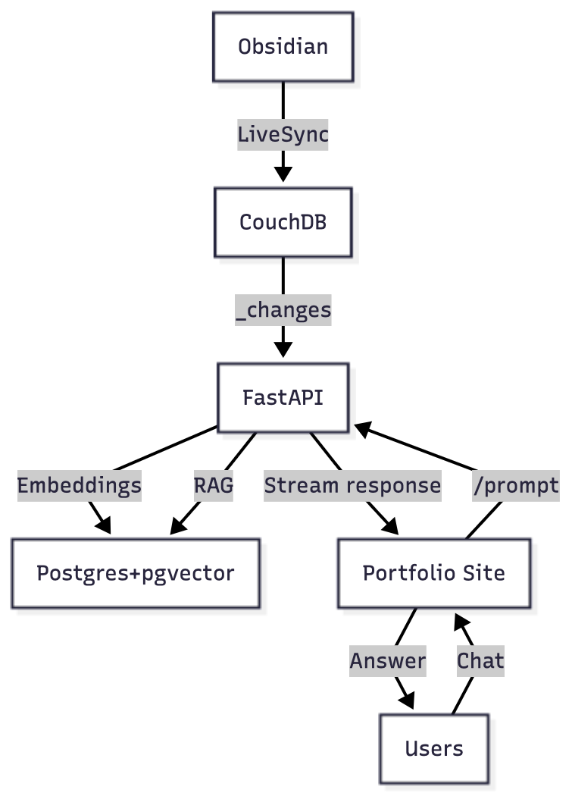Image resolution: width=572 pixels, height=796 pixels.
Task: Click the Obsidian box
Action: point(283,47)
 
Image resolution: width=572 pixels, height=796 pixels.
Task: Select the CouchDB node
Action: point(283,222)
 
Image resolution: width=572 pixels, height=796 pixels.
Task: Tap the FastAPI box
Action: point(283,397)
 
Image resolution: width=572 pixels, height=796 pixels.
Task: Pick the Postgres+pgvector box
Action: point(136,573)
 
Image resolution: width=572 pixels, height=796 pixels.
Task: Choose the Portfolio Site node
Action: point(434,573)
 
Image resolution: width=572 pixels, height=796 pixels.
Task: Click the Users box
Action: point(434,749)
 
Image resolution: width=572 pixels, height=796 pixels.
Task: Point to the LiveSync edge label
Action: point(283,135)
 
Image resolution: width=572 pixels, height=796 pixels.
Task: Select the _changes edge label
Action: point(283,310)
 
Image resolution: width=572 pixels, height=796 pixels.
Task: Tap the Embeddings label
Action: point(80,485)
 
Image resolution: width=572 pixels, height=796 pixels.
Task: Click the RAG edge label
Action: point(213,485)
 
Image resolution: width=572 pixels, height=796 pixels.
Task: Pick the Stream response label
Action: point(352,485)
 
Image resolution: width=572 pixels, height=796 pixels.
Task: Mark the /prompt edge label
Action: point(515,485)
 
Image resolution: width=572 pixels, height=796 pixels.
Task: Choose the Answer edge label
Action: point(388,661)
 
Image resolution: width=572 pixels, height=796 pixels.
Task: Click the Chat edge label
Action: point(480,661)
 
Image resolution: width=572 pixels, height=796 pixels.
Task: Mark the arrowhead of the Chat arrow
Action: point(461,621)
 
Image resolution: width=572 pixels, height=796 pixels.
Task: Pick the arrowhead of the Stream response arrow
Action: point(390,527)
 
